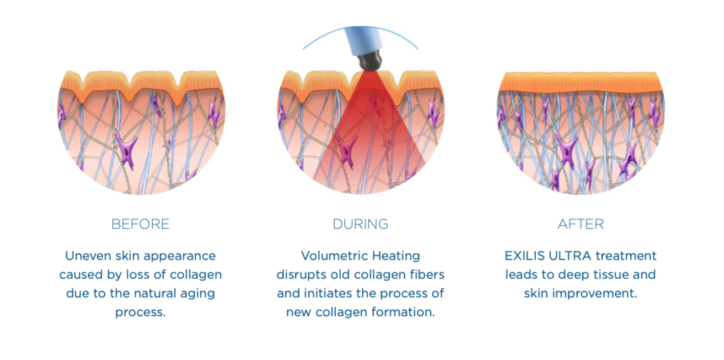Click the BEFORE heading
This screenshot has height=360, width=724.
140,224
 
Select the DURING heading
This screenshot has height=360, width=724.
361,224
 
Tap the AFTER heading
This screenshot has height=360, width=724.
580,224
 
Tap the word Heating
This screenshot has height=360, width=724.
396,256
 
